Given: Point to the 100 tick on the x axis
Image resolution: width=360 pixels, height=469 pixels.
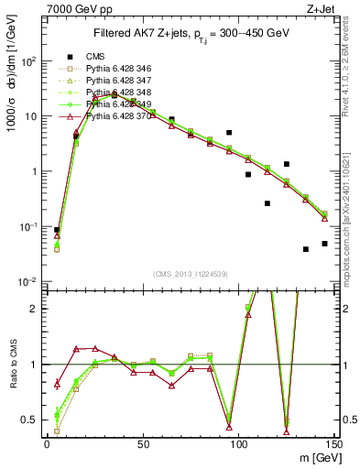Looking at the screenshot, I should pos(238,444).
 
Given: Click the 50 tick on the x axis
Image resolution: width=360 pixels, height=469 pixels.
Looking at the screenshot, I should pos(142,444).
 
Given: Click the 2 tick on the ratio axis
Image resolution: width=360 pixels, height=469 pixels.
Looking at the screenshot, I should pos(35,309).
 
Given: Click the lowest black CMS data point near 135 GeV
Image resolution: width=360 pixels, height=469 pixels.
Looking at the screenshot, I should pos(306,249).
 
